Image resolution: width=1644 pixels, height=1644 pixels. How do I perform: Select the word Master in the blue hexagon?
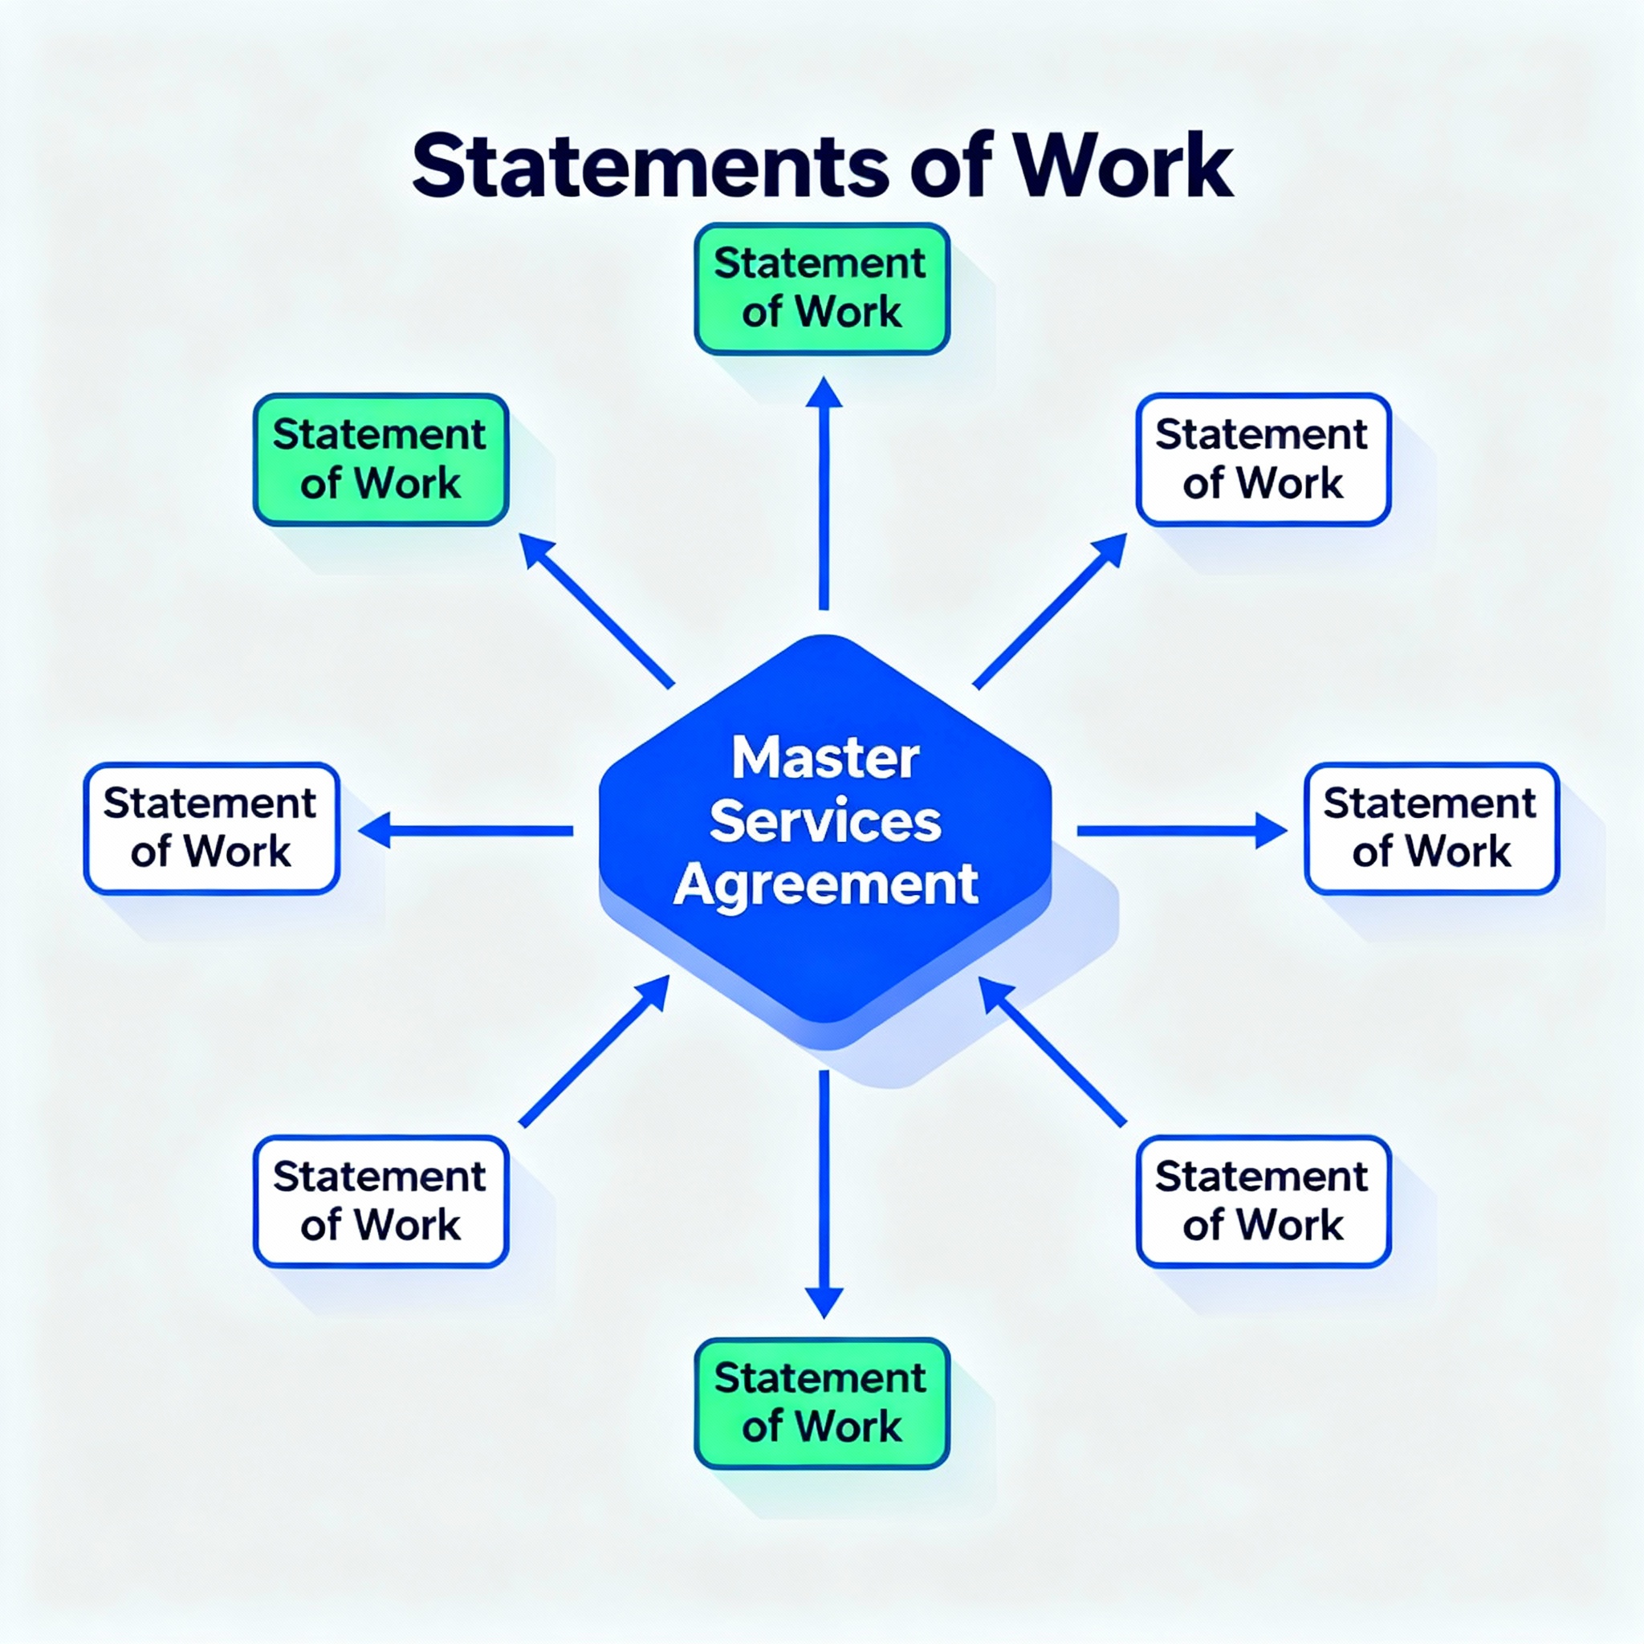pyautogui.click(x=825, y=757)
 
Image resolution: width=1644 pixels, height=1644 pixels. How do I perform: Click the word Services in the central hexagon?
pyautogui.click(x=825, y=821)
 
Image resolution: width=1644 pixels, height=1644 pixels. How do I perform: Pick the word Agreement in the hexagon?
pyautogui.click(x=825, y=885)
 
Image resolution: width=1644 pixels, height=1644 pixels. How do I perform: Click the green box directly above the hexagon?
pyautogui.click(x=822, y=288)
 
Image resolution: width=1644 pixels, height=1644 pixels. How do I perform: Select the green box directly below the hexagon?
pyautogui.click(x=822, y=1403)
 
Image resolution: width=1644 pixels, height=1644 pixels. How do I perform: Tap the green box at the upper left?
pyautogui.click(x=381, y=459)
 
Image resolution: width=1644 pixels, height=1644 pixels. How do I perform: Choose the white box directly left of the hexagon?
pyautogui.click(x=212, y=828)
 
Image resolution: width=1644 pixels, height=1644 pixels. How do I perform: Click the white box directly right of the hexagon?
pyautogui.click(x=1432, y=828)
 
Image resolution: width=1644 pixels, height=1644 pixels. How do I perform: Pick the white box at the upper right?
pyautogui.click(x=1264, y=459)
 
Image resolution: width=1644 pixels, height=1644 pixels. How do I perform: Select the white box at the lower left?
pyautogui.click(x=381, y=1201)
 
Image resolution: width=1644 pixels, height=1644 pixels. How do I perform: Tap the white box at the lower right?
pyautogui.click(x=1264, y=1201)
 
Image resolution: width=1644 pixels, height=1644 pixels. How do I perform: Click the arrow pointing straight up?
pyautogui.click(x=824, y=494)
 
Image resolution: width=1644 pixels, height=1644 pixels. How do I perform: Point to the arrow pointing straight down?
pyautogui.click(x=824, y=1191)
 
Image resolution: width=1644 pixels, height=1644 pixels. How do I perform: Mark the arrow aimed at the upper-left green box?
pyautogui.click(x=596, y=610)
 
